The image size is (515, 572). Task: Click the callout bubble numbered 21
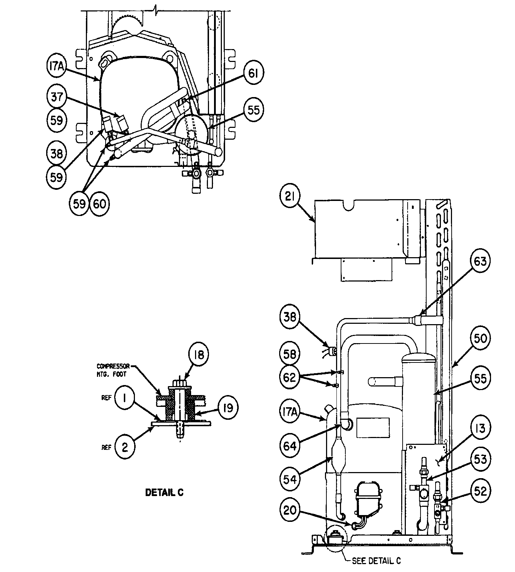click(290, 197)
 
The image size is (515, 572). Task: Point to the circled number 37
click(57, 97)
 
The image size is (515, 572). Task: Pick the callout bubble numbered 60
click(99, 204)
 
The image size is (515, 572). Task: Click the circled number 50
click(480, 338)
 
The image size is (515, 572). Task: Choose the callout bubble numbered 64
click(290, 446)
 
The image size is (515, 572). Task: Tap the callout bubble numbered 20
click(290, 510)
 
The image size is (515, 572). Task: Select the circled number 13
click(480, 428)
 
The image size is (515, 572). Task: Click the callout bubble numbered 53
click(480, 460)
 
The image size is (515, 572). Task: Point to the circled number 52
click(480, 491)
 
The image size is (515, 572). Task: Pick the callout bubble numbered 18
click(199, 355)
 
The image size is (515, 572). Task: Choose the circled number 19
click(228, 408)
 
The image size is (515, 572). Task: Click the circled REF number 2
click(125, 447)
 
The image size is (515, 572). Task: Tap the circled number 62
click(290, 378)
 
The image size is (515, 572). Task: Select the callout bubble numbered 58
click(290, 354)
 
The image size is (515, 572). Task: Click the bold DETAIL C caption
click(164, 492)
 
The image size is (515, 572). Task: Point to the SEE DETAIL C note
click(376, 561)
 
